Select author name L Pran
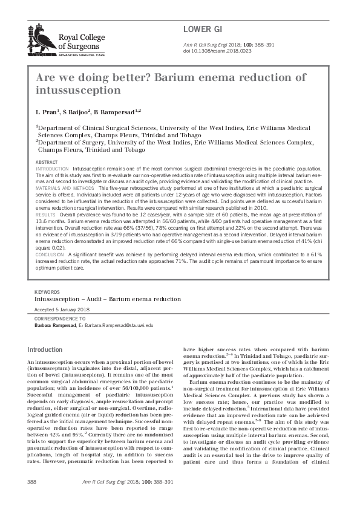48,112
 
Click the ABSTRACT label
47,163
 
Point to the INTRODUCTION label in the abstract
53,169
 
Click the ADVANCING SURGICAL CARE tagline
82,54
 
